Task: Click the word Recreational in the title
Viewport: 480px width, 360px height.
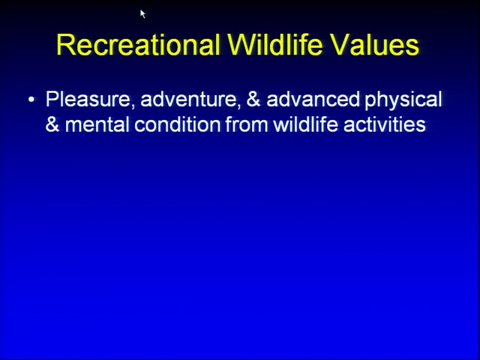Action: [x=138, y=44]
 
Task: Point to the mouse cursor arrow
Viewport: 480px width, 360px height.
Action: [x=142, y=13]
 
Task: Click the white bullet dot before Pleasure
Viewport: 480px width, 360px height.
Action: [x=31, y=99]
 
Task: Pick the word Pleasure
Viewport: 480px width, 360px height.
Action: [x=88, y=99]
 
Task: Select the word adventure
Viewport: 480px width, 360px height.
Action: [x=187, y=100]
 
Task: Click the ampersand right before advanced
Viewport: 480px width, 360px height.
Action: [x=253, y=99]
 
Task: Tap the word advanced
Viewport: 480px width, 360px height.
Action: [x=313, y=99]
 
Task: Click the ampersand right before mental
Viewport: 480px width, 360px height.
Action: [x=52, y=124]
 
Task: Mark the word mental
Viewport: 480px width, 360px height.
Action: [x=97, y=124]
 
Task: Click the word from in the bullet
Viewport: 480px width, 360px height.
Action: [x=247, y=124]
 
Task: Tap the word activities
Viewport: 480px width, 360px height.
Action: [x=385, y=124]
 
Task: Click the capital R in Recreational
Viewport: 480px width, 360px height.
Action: [x=65, y=44]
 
